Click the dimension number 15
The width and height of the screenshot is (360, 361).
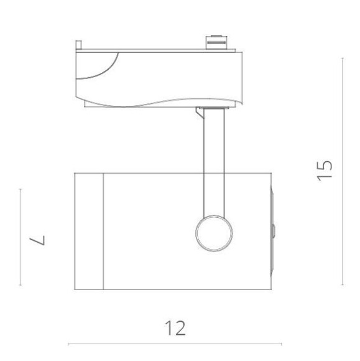click(x=325, y=170)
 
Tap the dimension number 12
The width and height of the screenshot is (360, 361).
click(x=175, y=327)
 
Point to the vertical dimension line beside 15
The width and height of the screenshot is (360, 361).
click(x=343, y=170)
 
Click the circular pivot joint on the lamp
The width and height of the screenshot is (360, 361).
click(x=213, y=233)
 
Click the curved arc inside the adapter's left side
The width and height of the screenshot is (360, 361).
click(x=106, y=68)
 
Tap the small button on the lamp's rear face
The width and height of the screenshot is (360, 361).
click(x=274, y=230)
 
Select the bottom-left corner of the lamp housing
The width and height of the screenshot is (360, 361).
click(x=75, y=289)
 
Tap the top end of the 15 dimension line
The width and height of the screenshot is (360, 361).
click(x=343, y=57)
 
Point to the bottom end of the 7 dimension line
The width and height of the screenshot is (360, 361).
click(x=20, y=285)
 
